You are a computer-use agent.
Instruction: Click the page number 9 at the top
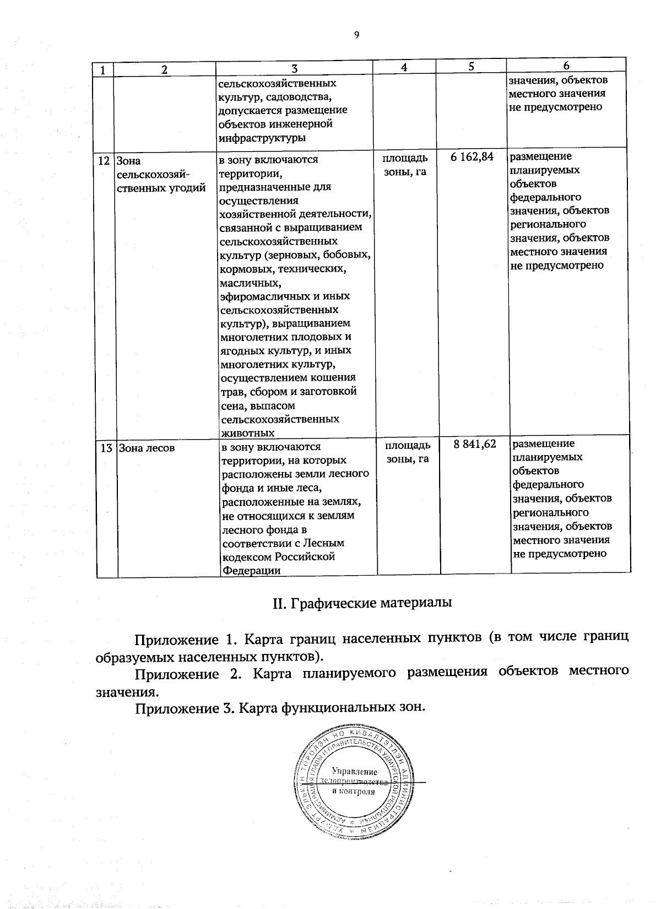356,35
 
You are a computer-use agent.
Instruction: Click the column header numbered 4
404,67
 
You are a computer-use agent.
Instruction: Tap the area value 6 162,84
472,158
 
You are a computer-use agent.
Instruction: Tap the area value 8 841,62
475,445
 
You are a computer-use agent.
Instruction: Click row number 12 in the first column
104,161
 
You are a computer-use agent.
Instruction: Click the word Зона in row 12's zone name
129,161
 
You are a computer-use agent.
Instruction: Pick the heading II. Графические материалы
362,602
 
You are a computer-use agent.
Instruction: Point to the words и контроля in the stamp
354,792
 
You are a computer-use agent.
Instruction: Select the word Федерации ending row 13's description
251,571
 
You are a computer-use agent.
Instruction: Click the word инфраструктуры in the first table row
262,138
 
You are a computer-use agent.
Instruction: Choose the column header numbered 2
164,69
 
